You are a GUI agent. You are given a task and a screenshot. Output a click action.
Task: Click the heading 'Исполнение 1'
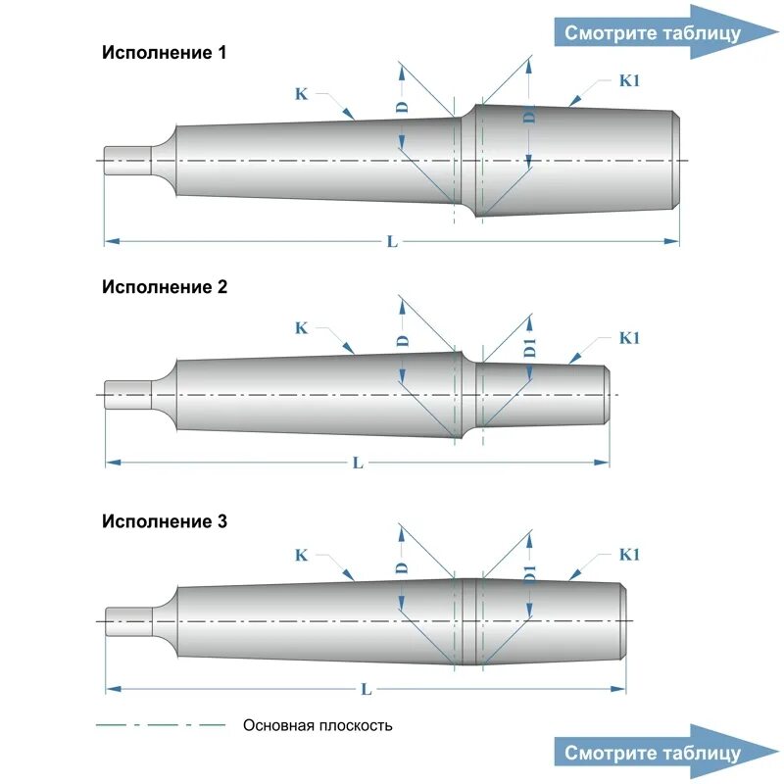pyautogui.click(x=165, y=53)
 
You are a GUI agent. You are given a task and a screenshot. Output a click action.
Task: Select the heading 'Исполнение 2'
pyautogui.click(x=165, y=287)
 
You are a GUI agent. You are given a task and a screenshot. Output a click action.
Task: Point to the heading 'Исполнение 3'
pyautogui.click(x=165, y=521)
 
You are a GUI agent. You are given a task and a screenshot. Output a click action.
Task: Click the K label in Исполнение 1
pyautogui.click(x=301, y=94)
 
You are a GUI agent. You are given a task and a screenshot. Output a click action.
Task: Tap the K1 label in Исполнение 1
pyautogui.click(x=629, y=81)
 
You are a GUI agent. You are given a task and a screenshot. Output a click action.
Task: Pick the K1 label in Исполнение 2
pyautogui.click(x=629, y=338)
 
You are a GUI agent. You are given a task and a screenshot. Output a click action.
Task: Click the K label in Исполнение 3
pyautogui.click(x=301, y=555)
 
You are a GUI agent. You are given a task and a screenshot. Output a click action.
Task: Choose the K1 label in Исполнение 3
pyautogui.click(x=629, y=555)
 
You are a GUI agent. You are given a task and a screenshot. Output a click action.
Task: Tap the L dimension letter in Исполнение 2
pyautogui.click(x=358, y=463)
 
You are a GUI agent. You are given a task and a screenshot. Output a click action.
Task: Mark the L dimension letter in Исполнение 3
pyautogui.click(x=366, y=690)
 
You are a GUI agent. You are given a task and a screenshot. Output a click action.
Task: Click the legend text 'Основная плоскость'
pyautogui.click(x=318, y=726)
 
